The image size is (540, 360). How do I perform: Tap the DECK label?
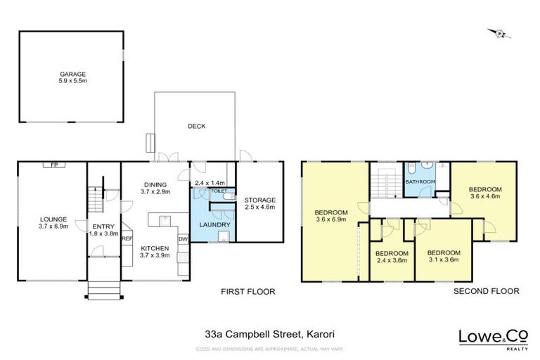point(196,127)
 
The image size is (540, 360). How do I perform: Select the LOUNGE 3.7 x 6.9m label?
point(53,222)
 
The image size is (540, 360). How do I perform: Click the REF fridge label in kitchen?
point(127,239)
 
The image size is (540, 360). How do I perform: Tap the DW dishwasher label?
point(183,239)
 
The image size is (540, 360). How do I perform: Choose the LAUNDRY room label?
point(212,225)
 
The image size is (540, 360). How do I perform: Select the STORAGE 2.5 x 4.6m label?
point(260,204)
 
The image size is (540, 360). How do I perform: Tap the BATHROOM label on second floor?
point(420,182)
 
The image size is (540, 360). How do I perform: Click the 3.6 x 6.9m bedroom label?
point(330,217)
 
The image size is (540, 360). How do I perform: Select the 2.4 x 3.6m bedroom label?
point(390,257)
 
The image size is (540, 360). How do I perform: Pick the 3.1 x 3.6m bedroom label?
point(444,257)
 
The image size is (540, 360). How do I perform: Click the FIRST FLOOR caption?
point(248,291)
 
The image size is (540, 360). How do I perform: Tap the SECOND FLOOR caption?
point(486,291)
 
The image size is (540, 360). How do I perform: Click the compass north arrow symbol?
point(499,32)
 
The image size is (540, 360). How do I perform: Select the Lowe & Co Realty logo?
point(488,337)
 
